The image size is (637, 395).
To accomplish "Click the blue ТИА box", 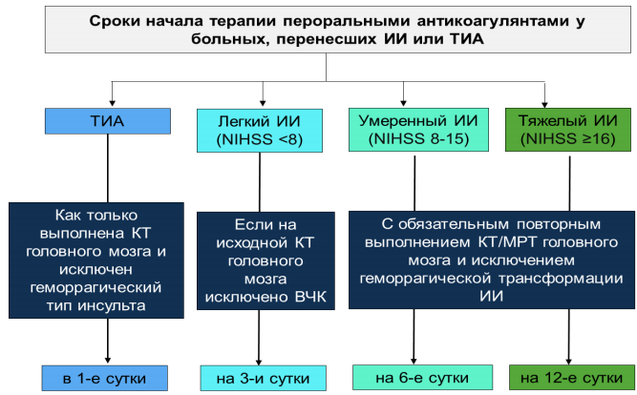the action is click(108, 121).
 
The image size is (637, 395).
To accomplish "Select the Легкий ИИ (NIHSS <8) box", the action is click(260, 131).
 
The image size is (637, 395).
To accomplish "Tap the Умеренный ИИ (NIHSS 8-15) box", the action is click(418, 130).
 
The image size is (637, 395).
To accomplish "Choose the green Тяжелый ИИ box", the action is click(568, 130).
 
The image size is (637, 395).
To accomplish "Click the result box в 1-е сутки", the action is click(105, 378).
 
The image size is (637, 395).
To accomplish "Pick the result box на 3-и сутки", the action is click(263, 378).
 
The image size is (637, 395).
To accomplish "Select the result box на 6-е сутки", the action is click(422, 377).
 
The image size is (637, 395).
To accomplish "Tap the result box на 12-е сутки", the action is click(572, 377).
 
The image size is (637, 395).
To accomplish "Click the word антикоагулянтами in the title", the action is click(493, 21).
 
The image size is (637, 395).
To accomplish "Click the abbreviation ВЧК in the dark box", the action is click(310, 297).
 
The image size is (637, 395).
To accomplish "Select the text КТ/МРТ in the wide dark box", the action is click(508, 242).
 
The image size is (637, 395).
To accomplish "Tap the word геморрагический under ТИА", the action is click(96, 287).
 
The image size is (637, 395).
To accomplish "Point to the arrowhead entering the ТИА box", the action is click(112, 103).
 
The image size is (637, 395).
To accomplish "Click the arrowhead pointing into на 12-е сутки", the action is click(569, 362).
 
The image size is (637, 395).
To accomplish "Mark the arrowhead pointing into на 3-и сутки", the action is click(259, 362).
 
